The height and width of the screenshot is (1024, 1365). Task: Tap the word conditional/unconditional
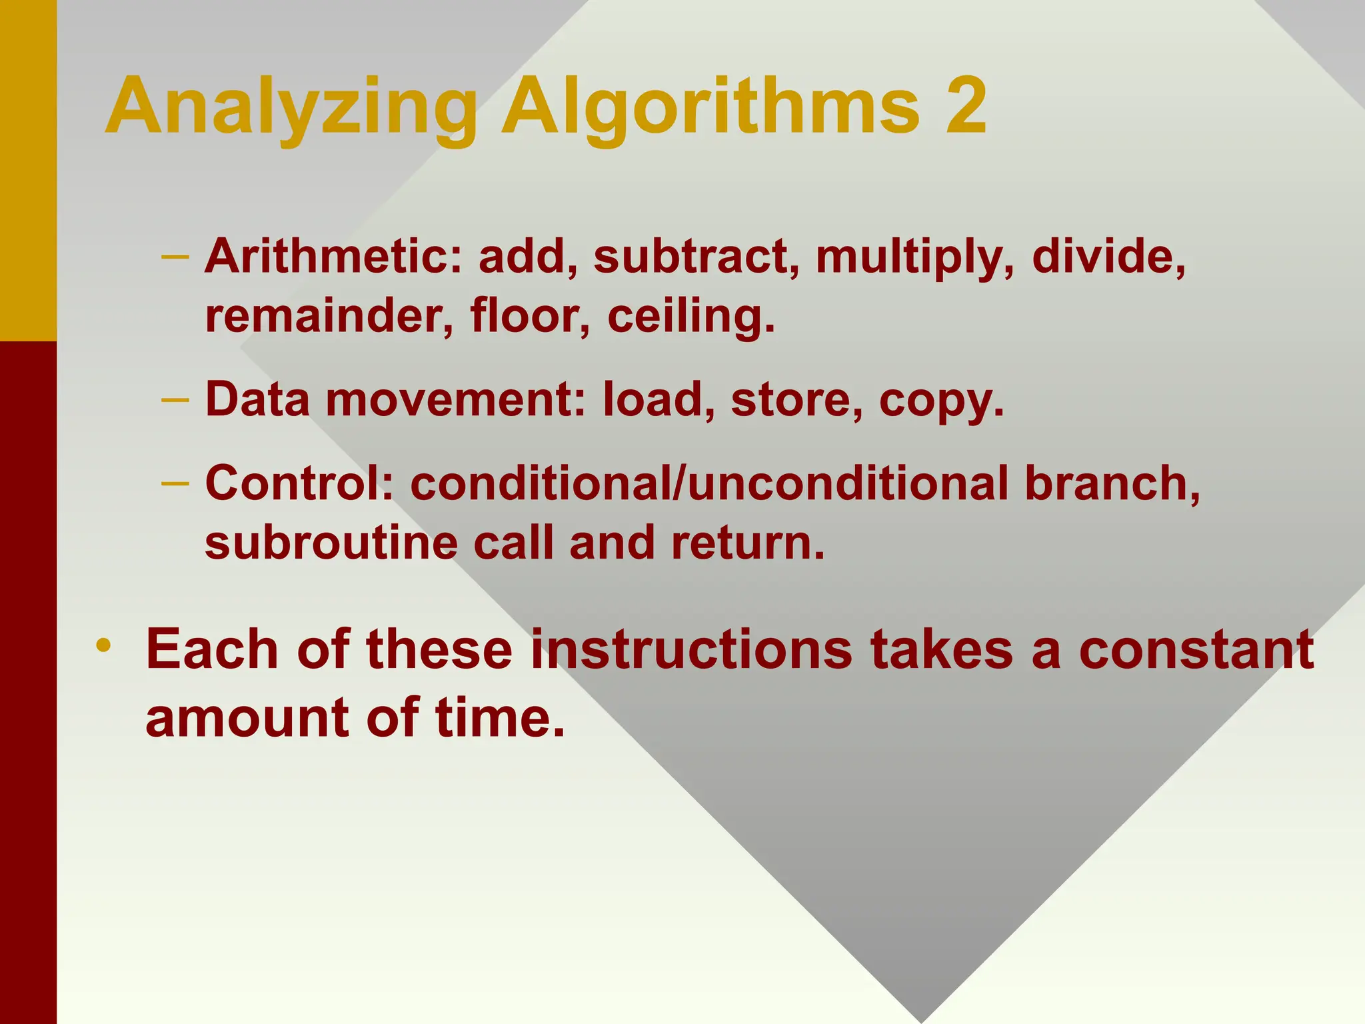coord(709,483)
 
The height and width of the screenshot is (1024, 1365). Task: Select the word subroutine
coord(331,542)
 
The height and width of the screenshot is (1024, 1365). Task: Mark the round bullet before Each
coord(103,645)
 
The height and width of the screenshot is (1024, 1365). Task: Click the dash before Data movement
coord(175,399)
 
